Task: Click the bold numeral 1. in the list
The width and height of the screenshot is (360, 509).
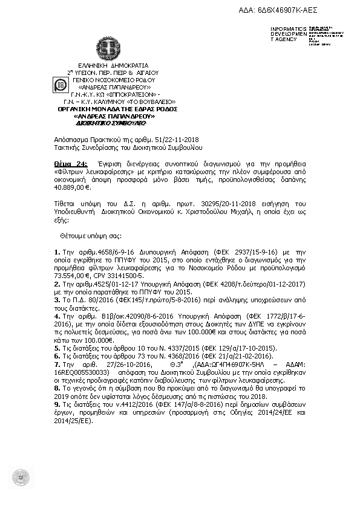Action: point(57,251)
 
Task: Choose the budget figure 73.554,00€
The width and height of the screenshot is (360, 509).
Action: point(70,274)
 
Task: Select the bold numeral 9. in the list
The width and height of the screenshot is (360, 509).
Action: point(57,403)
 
